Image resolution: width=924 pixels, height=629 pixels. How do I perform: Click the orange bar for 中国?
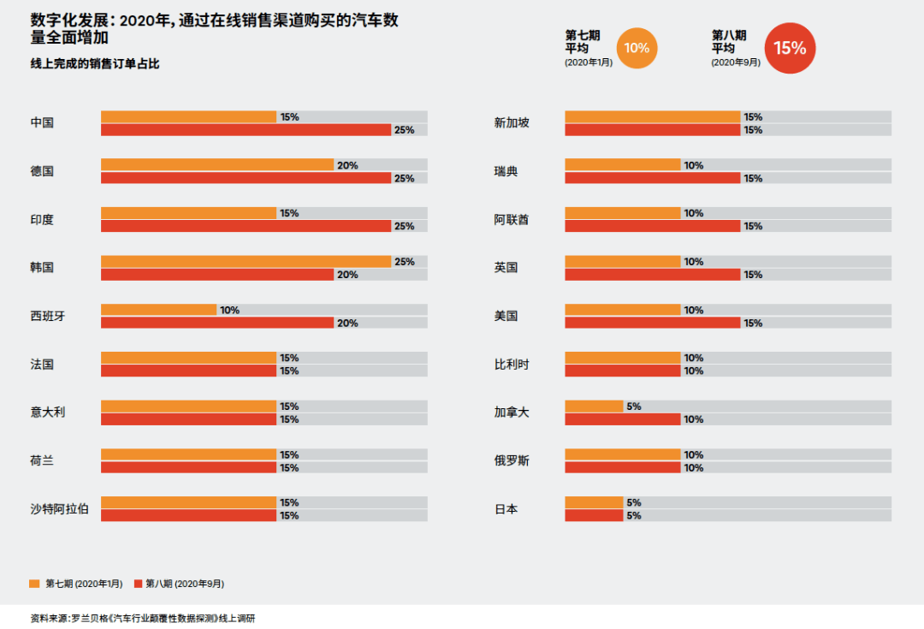[x=188, y=116]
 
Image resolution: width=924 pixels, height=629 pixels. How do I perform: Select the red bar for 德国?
[x=246, y=178]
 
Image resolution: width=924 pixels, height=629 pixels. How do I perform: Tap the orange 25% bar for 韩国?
[x=246, y=261]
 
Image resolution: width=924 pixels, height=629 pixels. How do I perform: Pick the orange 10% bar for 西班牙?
[x=158, y=310]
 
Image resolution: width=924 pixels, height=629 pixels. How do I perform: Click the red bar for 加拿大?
[x=622, y=419]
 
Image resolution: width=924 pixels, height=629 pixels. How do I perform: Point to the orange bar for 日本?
[x=594, y=502]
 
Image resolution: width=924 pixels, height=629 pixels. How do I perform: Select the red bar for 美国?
[x=652, y=323]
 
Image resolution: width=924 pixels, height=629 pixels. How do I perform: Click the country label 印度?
[x=42, y=220]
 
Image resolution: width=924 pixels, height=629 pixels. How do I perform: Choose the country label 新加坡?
[x=512, y=122]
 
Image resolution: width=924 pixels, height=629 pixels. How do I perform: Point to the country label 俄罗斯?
[x=512, y=461]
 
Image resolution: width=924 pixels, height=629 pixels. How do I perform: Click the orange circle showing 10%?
[x=637, y=48]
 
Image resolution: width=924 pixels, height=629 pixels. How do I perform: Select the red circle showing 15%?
[x=790, y=48]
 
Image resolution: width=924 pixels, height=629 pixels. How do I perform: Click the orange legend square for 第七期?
[x=34, y=584]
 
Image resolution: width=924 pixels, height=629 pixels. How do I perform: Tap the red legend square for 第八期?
[x=139, y=584]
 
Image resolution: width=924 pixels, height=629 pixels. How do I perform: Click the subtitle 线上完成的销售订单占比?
[x=95, y=64]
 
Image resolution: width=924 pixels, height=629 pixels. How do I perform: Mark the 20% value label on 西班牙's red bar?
[x=346, y=323]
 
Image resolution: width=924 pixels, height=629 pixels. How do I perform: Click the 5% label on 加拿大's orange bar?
[x=634, y=406]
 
